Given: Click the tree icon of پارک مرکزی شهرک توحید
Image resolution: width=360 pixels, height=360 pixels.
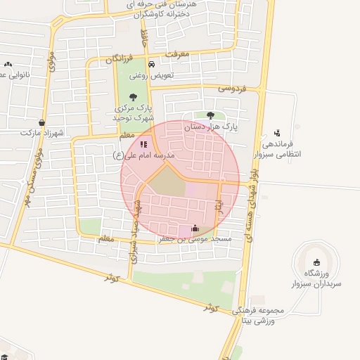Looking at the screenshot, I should tap(133, 96).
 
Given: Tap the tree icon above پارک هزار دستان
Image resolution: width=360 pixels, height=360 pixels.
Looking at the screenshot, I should tap(210, 116).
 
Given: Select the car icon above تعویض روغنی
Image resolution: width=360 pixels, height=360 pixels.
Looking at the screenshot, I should tap(151, 65).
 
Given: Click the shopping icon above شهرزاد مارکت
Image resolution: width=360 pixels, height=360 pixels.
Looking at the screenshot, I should tap(42, 122).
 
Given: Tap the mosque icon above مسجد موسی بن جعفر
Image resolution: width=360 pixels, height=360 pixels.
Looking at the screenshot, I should tap(195, 228).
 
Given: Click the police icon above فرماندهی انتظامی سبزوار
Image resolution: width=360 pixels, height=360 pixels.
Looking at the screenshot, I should tap(277, 132).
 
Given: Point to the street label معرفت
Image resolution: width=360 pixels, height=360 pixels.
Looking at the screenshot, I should tap(179, 53).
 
